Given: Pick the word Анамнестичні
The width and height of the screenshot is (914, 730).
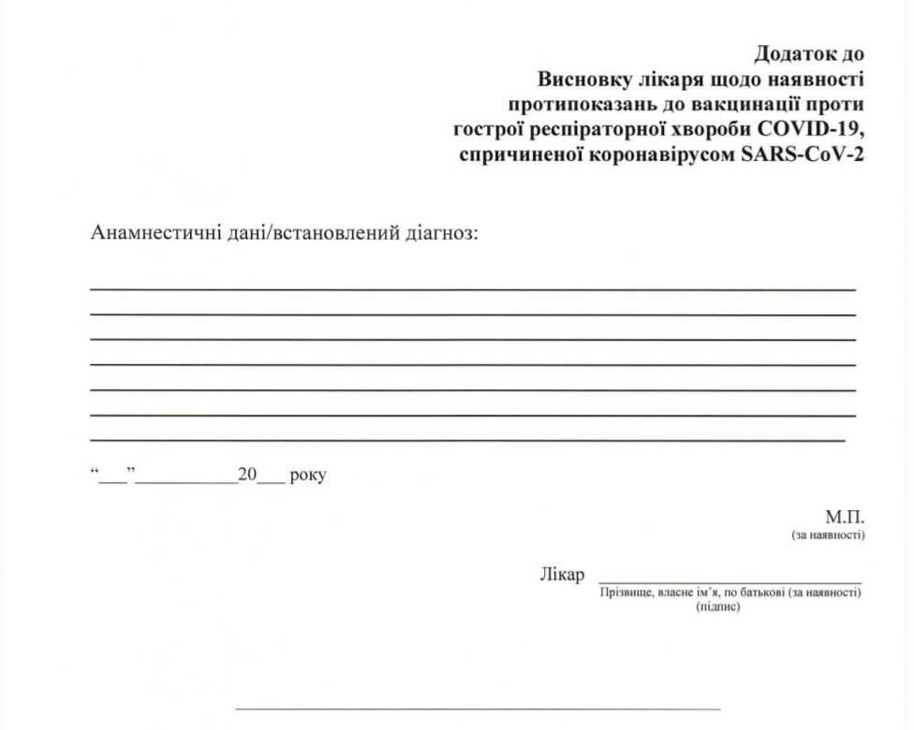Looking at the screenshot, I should (x=150, y=232).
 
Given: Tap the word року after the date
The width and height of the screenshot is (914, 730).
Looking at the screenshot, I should (x=308, y=475).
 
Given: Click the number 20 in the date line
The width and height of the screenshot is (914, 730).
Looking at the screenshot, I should (x=247, y=475).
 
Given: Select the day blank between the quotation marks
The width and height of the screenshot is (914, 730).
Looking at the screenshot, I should (x=112, y=479).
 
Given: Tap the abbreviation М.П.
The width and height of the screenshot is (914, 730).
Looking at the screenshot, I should (x=845, y=518).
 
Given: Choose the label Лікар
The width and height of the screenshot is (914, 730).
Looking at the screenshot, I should (x=562, y=574).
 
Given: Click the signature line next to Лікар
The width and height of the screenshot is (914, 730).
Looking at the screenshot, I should (x=730, y=581).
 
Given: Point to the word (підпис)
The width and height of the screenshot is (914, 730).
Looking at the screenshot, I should (x=718, y=606).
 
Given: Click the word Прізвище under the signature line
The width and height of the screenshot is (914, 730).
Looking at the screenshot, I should (x=626, y=592).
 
